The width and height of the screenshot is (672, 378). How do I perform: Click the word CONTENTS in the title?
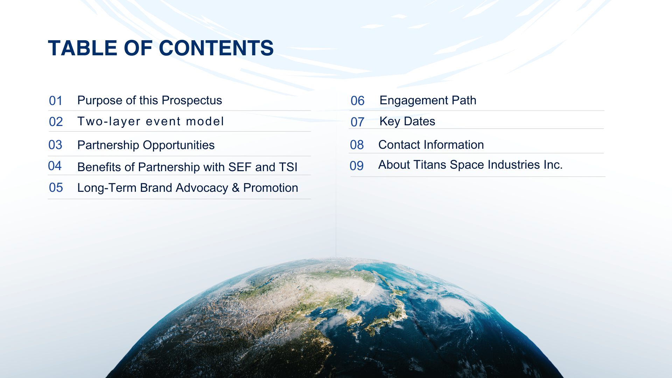(216, 48)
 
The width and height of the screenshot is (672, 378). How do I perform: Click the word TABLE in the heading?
(83, 48)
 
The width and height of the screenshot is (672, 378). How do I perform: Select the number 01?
(56, 101)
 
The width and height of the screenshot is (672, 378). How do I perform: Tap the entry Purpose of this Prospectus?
(149, 100)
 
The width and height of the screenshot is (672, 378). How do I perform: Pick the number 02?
(56, 122)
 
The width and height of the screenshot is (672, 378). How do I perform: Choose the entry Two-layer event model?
(150, 121)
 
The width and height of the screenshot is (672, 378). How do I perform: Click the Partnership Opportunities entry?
(146, 145)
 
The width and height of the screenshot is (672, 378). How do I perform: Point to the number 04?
(55, 166)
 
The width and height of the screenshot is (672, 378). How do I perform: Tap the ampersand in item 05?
(236, 188)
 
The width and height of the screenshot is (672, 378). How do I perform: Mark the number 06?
(358, 101)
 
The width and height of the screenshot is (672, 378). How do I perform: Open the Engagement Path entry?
(428, 100)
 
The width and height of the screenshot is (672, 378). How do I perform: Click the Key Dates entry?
(407, 121)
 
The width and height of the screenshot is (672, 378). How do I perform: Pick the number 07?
(357, 122)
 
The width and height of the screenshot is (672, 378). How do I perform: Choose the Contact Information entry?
(431, 145)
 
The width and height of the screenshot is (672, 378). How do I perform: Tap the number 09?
(357, 166)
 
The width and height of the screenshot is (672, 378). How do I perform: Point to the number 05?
(56, 188)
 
